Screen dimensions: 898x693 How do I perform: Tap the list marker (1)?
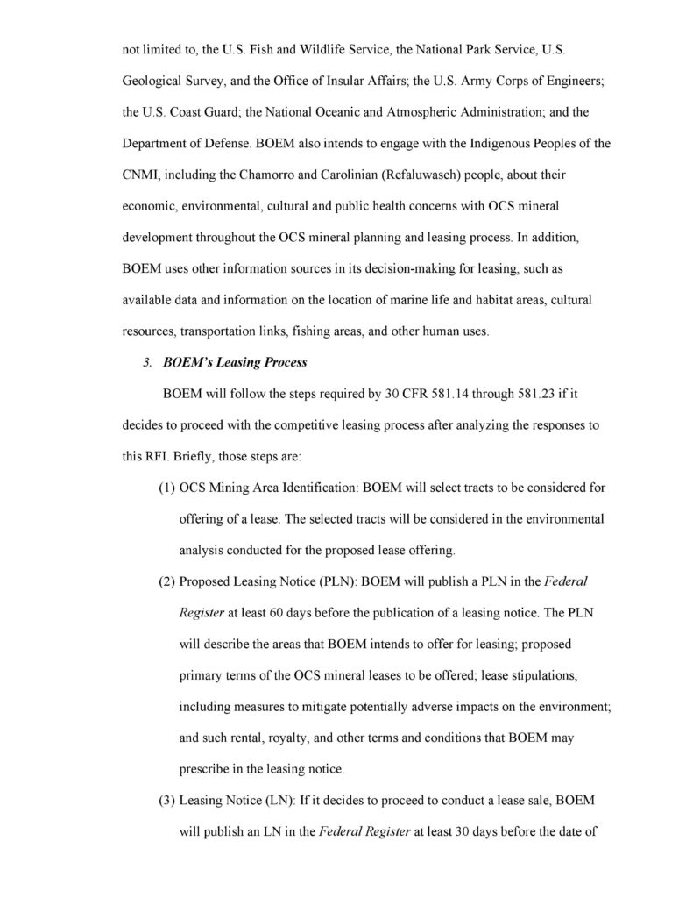[167, 487]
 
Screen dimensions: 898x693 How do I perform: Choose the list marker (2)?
[167, 582]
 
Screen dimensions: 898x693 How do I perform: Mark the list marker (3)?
[167, 801]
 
